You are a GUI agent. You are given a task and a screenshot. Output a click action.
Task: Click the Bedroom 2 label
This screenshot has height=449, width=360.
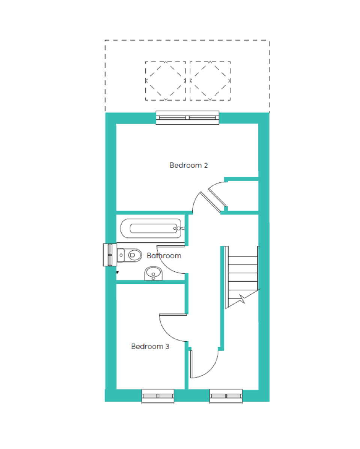click(x=188, y=165)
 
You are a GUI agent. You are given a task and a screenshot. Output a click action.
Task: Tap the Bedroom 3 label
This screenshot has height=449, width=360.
click(x=150, y=346)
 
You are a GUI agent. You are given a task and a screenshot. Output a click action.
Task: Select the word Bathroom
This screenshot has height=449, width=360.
click(x=164, y=255)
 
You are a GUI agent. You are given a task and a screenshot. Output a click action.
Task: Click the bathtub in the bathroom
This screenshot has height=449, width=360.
click(x=151, y=228)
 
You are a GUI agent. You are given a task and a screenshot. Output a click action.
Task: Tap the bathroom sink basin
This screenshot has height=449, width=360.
click(x=153, y=274)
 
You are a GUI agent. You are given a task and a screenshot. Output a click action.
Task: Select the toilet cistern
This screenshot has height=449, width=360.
click(x=121, y=255)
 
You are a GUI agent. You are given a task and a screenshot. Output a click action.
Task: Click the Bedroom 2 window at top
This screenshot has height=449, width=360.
click(x=187, y=118)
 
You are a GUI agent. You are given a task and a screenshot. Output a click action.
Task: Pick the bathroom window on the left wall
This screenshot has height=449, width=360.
click(x=110, y=255)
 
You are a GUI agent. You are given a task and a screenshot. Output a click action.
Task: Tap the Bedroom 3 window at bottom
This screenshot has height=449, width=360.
click(x=158, y=396)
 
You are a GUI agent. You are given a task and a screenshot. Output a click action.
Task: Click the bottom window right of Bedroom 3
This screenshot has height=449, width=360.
click(x=226, y=396)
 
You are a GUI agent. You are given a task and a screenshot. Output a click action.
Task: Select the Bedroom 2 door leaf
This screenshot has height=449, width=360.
click(x=210, y=202)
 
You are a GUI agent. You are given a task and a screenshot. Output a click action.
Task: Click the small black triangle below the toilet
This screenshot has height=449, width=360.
click(x=117, y=273)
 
